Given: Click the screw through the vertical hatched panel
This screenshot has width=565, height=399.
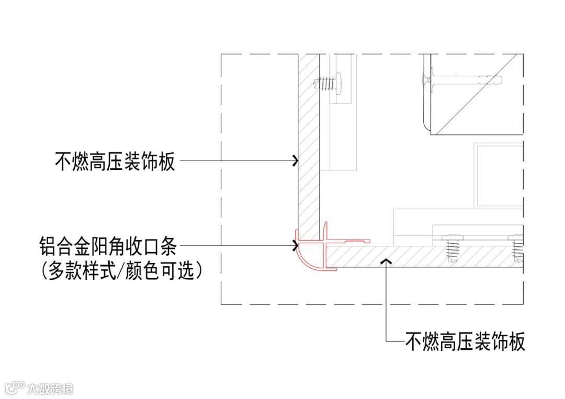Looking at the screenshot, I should pyautogui.click(x=326, y=83).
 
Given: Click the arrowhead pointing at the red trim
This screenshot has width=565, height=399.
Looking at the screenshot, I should pyautogui.click(x=294, y=243).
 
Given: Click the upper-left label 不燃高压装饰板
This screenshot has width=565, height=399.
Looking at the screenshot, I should pyautogui.click(x=115, y=162).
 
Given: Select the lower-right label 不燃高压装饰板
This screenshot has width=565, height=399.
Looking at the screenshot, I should pyautogui.click(x=465, y=341).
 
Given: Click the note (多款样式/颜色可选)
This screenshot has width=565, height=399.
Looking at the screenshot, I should pyautogui.click(x=120, y=271).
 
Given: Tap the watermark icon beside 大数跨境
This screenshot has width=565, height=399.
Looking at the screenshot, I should pyautogui.click(x=15, y=387).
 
